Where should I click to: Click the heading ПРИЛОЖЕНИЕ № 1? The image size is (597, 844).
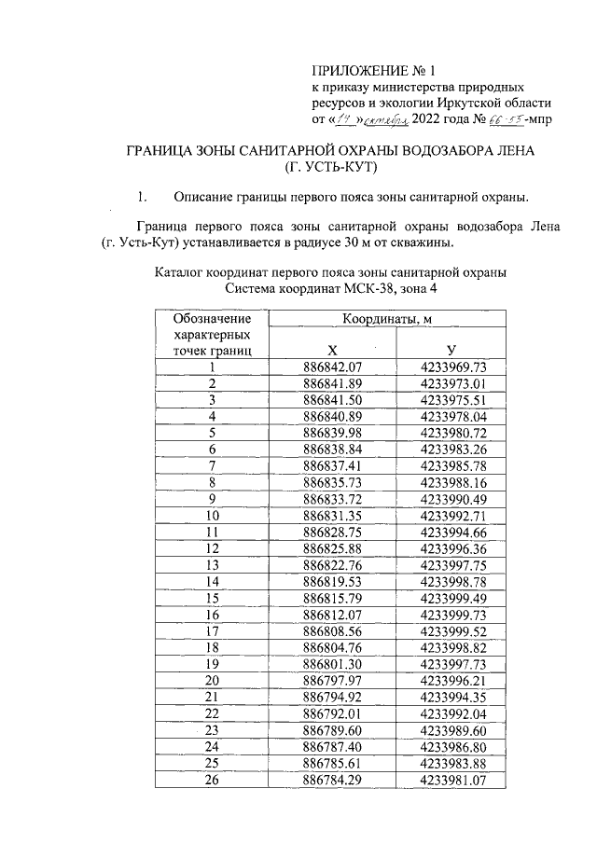pyautogui.click(x=373, y=68)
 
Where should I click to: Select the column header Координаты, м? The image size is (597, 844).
pyautogui.click(x=388, y=320)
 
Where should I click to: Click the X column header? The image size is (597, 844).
pyautogui.click(x=332, y=350)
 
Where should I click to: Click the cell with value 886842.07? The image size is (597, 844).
pyautogui.click(x=332, y=367)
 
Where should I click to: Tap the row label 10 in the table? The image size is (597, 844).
pyautogui.click(x=213, y=514)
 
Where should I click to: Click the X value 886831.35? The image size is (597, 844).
pyautogui.click(x=332, y=514)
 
